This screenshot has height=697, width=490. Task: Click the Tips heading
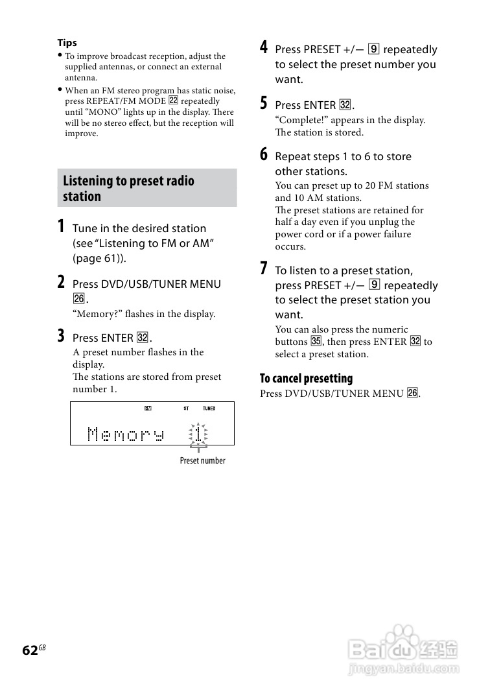(x=67, y=43)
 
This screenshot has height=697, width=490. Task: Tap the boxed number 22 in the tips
(x=173, y=101)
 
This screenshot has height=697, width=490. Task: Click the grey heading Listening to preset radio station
(x=128, y=189)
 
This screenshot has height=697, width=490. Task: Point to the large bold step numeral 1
(x=60, y=227)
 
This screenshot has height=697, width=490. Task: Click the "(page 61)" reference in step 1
(x=99, y=258)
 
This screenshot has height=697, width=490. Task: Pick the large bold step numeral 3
(x=60, y=336)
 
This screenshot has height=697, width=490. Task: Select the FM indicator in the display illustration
(x=148, y=408)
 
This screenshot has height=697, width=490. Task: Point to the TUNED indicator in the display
(x=209, y=408)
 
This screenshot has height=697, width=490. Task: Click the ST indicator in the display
(x=186, y=408)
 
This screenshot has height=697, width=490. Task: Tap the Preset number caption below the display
(x=202, y=460)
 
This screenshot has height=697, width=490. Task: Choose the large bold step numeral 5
(x=263, y=103)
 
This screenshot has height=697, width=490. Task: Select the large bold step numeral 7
(x=263, y=268)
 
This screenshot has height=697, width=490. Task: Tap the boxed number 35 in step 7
(x=316, y=342)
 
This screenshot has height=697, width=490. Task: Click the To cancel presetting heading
(x=306, y=379)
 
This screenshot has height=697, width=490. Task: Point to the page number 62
(x=30, y=650)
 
